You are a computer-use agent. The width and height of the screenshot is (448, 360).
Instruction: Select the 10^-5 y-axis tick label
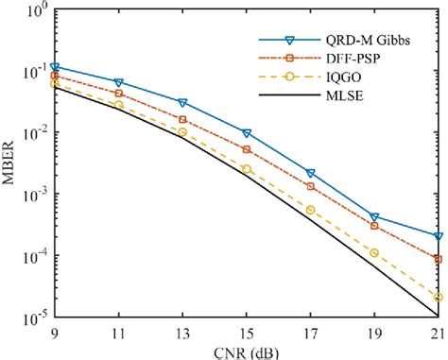coord(34,317)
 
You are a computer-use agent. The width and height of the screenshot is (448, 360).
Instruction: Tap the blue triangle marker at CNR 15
coord(247,133)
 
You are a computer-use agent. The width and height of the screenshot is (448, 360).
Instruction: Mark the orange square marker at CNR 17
coord(311,186)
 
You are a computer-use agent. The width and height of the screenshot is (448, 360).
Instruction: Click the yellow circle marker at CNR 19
coord(374,253)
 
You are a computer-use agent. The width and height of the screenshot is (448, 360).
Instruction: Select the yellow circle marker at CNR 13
coord(182,132)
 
